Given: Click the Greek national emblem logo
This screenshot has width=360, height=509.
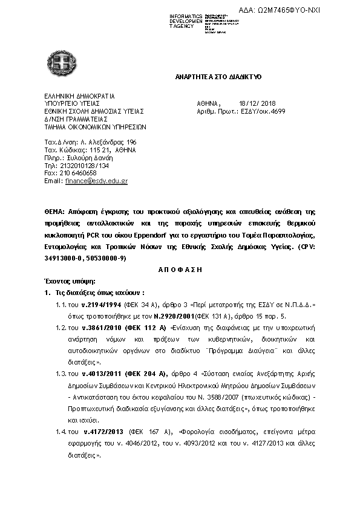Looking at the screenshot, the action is coord(57,61).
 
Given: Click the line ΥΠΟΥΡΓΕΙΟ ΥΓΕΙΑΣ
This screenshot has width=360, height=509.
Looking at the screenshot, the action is coord(71,103).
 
